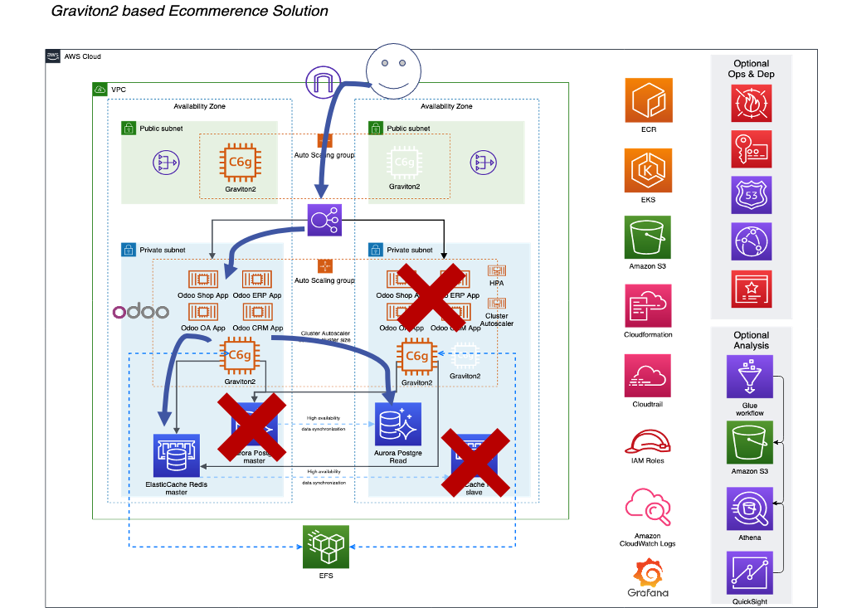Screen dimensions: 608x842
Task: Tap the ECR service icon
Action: [649, 100]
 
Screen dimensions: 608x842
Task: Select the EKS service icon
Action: [649, 171]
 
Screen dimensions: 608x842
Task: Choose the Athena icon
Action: [750, 508]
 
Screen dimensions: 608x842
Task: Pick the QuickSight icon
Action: [750, 574]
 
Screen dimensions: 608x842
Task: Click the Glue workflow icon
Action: [750, 377]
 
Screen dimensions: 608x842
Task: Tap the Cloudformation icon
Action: [649, 306]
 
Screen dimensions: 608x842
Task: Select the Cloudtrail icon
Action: [649, 377]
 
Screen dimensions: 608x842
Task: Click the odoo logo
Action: [141, 312]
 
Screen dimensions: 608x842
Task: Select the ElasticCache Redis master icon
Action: [177, 455]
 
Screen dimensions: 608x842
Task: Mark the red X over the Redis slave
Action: [475, 462]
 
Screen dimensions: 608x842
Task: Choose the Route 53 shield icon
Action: [751, 196]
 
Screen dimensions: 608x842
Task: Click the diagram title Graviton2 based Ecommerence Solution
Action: [189, 12]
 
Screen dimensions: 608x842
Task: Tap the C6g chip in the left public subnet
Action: [238, 163]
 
